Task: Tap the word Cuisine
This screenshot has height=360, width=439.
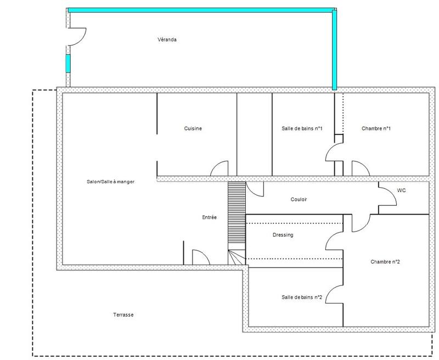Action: [x=193, y=128]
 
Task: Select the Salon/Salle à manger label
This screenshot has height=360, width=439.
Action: [x=111, y=182]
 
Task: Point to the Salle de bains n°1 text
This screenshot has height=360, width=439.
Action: [x=301, y=128]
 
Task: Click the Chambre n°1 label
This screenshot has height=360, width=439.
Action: [x=376, y=128]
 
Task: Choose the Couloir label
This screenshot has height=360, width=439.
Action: [x=299, y=199]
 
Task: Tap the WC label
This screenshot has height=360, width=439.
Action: [x=401, y=190]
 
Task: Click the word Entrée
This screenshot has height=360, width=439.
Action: [x=210, y=217]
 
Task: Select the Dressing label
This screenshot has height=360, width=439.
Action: [x=283, y=235]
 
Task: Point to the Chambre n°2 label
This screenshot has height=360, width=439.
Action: [x=385, y=262]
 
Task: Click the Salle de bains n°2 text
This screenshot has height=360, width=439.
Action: [x=301, y=297]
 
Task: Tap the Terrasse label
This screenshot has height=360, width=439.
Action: [x=123, y=315]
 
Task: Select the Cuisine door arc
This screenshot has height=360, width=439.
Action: [x=219, y=168]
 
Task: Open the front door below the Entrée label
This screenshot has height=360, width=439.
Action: [x=200, y=257]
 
